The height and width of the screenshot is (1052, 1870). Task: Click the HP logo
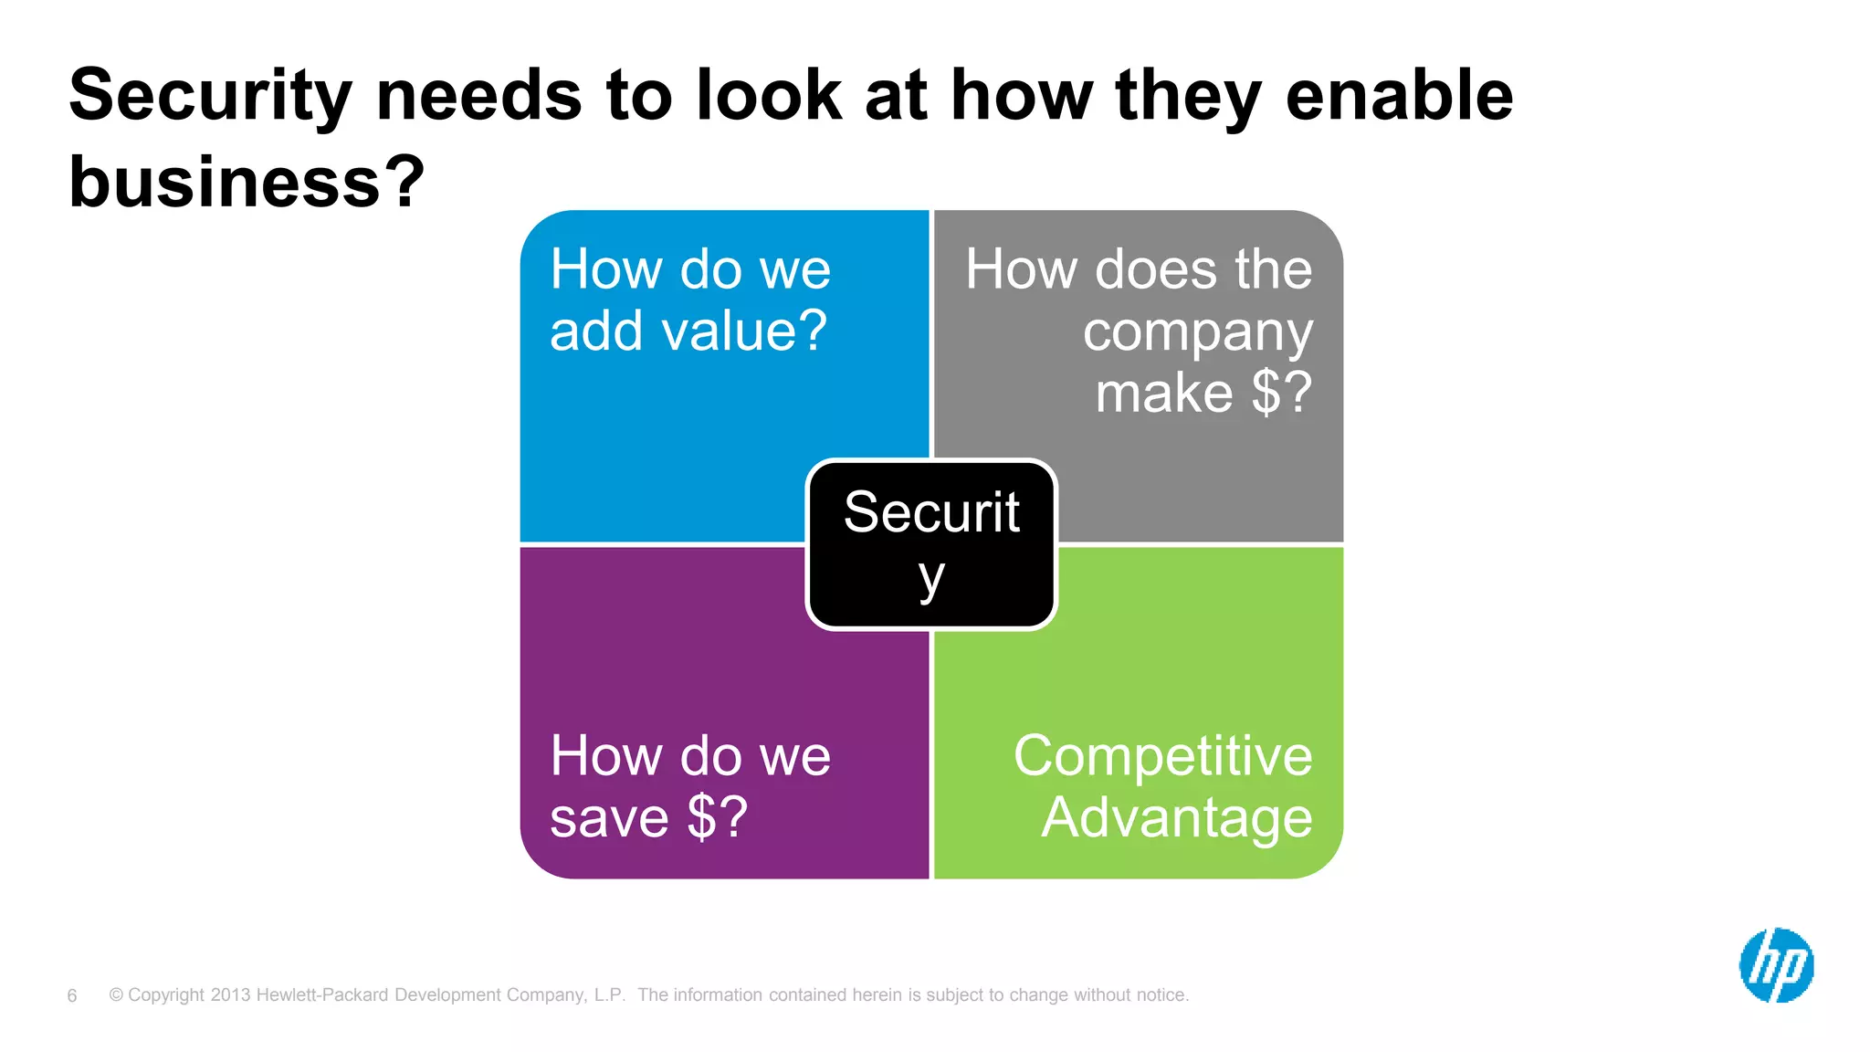pyautogui.click(x=1776, y=965)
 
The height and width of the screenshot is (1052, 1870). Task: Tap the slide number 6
pyautogui.click(x=72, y=995)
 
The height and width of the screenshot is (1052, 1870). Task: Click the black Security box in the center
pyautogui.click(x=931, y=544)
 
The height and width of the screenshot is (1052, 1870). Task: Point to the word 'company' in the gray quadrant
pyautogui.click(x=1197, y=333)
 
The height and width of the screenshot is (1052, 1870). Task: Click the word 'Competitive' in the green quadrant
pyautogui.click(x=1162, y=756)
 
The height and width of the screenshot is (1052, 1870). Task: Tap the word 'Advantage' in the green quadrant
pyautogui.click(x=1177, y=817)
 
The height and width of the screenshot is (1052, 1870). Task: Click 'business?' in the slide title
pyautogui.click(x=247, y=181)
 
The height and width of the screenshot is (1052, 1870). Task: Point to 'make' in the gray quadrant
pyautogui.click(x=1163, y=393)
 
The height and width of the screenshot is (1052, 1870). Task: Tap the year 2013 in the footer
pyautogui.click(x=230, y=995)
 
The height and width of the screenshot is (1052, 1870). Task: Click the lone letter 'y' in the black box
pyautogui.click(x=931, y=579)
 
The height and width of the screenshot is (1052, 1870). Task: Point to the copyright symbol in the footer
pyautogui.click(x=116, y=995)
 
